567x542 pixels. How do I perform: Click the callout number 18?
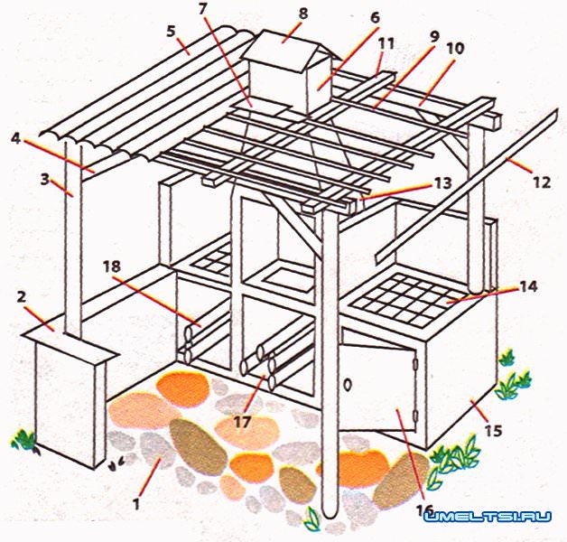tap(111, 267)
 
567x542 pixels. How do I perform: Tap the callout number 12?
tap(542, 182)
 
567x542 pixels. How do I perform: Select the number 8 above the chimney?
tap(303, 14)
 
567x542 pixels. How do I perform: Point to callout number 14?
tap(528, 286)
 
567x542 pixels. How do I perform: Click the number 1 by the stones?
tap(136, 503)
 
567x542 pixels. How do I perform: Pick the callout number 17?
tap(242, 422)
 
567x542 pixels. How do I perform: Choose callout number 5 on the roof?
tap(171, 32)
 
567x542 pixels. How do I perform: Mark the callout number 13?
tap(442, 183)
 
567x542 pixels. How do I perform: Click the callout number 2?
tap(22, 298)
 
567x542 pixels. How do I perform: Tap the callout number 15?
tap(494, 431)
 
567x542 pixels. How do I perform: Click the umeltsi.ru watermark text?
tap(488, 517)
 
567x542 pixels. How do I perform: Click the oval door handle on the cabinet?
tap(347, 386)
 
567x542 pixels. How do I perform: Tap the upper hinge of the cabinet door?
tap(416, 362)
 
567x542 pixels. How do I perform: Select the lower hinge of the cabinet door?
tap(416, 414)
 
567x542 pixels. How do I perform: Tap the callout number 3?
tap(45, 179)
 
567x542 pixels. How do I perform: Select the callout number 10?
tap(454, 48)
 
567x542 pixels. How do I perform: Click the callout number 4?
tap(16, 138)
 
